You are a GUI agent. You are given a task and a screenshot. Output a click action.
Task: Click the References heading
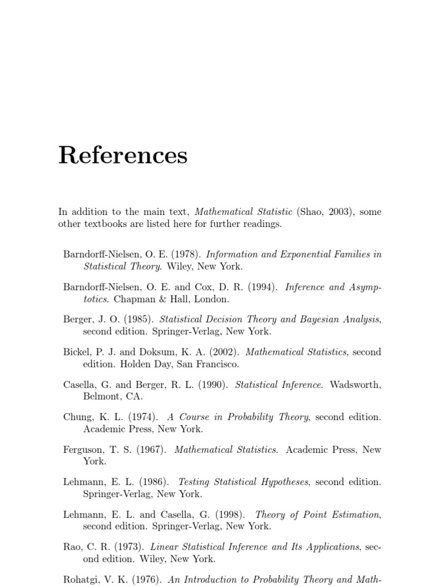pyautogui.click(x=123, y=155)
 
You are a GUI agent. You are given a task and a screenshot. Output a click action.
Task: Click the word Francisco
pyautogui.click(x=218, y=364)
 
